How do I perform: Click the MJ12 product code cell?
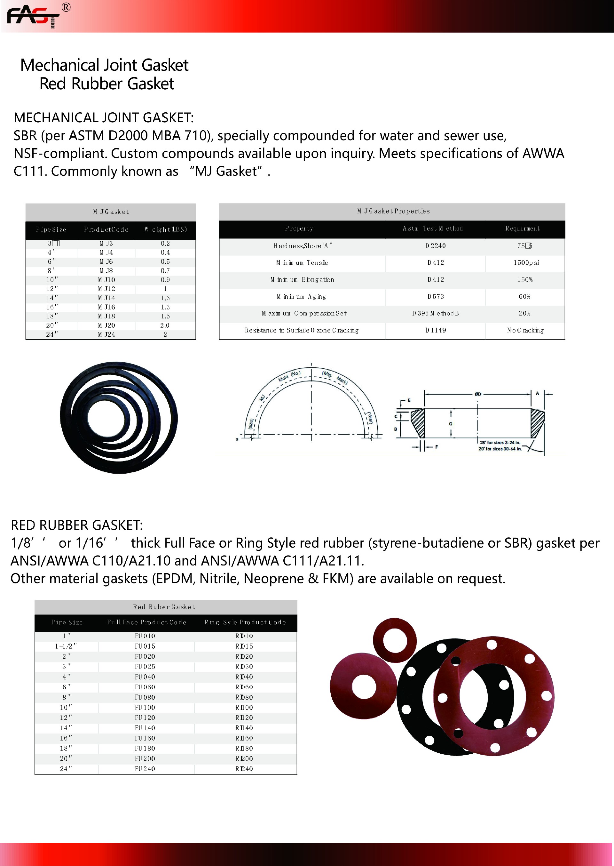coord(106,289)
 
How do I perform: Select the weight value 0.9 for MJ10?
coord(165,280)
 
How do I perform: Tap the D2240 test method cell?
coord(435,246)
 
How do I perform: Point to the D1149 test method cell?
coord(435,330)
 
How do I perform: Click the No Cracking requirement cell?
coord(525,330)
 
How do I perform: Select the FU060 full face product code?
coord(145,687)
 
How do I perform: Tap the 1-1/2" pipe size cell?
coord(66,646)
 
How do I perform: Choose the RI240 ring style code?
coord(244,768)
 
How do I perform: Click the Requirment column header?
coord(523,229)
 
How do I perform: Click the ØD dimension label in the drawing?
coord(478,394)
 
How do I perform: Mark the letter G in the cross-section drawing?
coord(451,424)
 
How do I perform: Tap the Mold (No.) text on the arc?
coord(289,376)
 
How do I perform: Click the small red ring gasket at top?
coord(395,640)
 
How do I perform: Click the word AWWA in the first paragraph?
coord(543,153)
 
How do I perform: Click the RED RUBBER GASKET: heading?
coord(77,525)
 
